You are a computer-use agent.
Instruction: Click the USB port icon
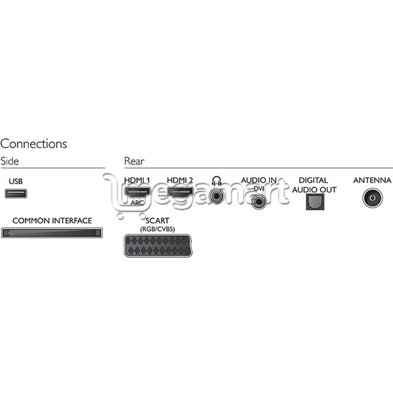(x=16, y=193)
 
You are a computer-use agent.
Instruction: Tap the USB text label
(x=16, y=181)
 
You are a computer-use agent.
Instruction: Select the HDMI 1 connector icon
(x=138, y=193)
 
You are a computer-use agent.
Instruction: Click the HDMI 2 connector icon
(x=180, y=193)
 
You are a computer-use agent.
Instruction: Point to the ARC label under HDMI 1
(x=138, y=202)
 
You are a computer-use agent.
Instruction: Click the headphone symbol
(x=217, y=181)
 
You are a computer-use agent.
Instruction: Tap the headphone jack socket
(x=216, y=196)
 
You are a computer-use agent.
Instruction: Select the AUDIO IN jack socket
(x=259, y=201)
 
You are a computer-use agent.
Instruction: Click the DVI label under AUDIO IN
(x=259, y=189)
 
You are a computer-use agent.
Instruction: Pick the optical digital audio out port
(x=315, y=202)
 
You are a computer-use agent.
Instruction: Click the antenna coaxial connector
(x=373, y=198)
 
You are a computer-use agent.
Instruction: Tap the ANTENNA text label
(x=372, y=180)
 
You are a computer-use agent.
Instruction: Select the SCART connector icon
(x=158, y=246)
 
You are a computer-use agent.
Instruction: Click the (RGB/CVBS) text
(x=157, y=229)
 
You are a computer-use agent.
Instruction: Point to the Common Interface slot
(x=52, y=233)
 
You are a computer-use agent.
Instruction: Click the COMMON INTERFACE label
(x=52, y=221)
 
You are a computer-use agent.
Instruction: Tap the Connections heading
(x=33, y=144)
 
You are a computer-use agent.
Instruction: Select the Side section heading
(x=10, y=161)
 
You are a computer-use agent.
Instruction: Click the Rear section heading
(x=134, y=161)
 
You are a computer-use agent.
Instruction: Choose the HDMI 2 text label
(x=180, y=180)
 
